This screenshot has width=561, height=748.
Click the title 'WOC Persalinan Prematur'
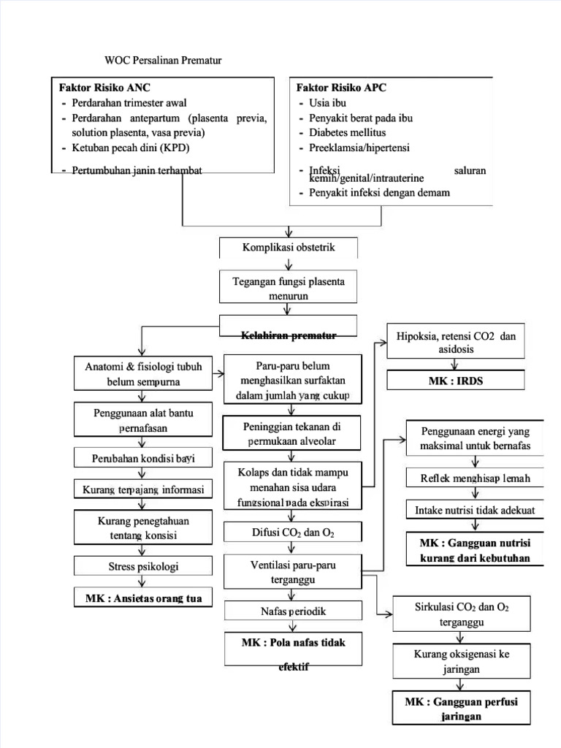click(x=163, y=60)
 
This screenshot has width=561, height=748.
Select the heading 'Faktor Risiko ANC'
click(x=104, y=87)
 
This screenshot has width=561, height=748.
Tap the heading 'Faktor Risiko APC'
click(x=341, y=87)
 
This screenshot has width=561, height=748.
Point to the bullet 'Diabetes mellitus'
click(x=347, y=132)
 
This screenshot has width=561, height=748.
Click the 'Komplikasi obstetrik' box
click(x=289, y=248)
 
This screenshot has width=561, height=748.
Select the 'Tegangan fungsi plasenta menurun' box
click(x=289, y=289)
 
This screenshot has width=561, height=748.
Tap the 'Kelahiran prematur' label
click(x=289, y=335)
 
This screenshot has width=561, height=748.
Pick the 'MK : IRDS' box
click(x=456, y=381)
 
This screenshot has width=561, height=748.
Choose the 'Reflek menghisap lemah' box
click(x=475, y=478)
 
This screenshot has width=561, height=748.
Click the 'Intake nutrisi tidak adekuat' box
click(x=475, y=510)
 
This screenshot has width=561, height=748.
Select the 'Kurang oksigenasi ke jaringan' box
click(x=461, y=661)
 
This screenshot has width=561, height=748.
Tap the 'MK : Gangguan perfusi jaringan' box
click(x=461, y=709)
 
